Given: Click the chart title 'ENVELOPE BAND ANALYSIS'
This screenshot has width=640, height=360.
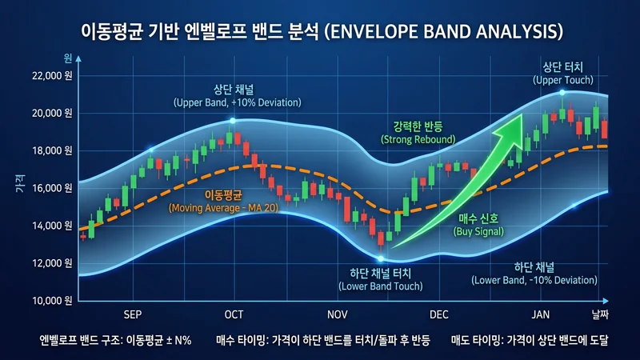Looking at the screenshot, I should tap(320, 31).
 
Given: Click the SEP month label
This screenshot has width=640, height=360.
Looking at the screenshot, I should tap(134, 314).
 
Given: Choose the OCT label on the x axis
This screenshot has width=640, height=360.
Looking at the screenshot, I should tap(234, 314).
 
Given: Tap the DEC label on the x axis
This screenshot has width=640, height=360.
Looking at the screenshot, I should tap(439, 314).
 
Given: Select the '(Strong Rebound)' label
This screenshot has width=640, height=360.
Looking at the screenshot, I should tap(418, 140).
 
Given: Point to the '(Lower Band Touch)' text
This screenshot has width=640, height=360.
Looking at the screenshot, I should tap(380, 286).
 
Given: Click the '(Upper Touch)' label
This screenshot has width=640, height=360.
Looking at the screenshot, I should tap(563, 80).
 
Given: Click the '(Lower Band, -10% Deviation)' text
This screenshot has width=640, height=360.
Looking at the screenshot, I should tap(534, 280).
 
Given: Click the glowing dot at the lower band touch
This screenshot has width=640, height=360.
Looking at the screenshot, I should tap(381, 258).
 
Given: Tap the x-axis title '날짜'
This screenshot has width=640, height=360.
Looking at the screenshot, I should tap(600, 314).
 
